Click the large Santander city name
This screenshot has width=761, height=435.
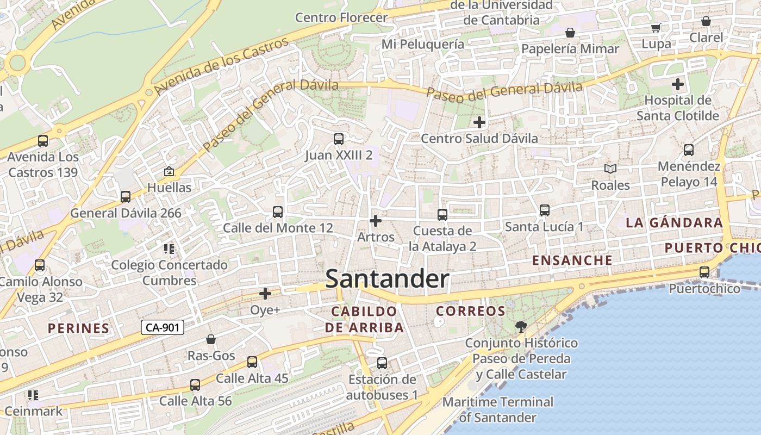tap(387, 279)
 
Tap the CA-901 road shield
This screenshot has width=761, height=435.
tap(163, 327)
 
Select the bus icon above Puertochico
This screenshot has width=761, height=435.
tap(704, 272)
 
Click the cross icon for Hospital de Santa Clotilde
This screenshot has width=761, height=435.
tap(677, 84)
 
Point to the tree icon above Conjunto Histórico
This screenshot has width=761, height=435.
tap(521, 327)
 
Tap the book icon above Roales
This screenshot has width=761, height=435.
tap(610, 169)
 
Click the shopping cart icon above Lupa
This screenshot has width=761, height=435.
tap(656, 28)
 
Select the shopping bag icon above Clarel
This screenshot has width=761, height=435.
tap(706, 22)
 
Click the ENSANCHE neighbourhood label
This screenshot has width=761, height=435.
tap(572, 260)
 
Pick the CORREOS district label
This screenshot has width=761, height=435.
tap(471, 311)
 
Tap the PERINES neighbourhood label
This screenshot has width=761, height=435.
tap(79, 328)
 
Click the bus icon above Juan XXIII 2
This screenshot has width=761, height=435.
tap(339, 139)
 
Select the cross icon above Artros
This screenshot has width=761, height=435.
tap(375, 221)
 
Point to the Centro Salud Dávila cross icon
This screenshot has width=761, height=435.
tap(479, 122)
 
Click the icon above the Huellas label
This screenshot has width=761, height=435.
tap(169, 172)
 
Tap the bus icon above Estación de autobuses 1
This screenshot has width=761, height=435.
tap(382, 363)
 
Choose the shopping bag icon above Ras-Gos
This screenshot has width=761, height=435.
tap(211, 340)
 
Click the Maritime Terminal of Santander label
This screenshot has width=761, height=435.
tap(498, 410)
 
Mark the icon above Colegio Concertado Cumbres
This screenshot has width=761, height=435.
tap(169, 249)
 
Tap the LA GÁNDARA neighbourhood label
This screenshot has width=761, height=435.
tap(674, 222)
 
